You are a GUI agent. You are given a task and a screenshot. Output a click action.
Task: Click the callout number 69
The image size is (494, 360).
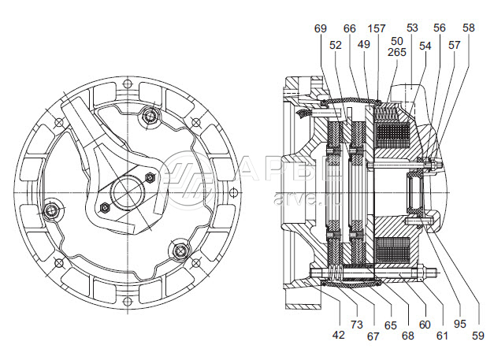click(320, 28)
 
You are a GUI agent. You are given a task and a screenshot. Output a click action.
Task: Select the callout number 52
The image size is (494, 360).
click(336, 45)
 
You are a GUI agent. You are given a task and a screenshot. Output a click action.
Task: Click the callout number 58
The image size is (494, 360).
click(469, 28)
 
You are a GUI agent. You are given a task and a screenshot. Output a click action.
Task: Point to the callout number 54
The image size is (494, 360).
click(425, 46)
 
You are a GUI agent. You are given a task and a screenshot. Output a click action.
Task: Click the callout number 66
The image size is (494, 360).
click(350, 28)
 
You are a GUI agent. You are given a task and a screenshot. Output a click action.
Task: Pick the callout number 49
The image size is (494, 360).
click(363, 45)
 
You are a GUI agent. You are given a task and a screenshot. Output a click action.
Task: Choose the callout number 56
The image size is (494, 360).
click(439, 28)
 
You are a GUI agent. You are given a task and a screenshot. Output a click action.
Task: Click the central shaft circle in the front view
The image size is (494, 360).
click(125, 193)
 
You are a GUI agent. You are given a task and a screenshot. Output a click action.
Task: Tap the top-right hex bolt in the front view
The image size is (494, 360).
click(149, 116)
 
